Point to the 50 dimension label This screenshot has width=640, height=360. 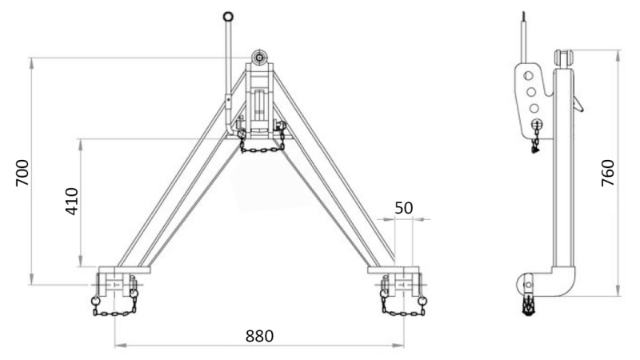coord(405,207)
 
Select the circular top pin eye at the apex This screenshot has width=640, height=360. coord(259,58)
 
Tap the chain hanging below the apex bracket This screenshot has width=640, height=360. coord(261,146)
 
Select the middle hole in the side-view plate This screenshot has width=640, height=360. coord(530,91)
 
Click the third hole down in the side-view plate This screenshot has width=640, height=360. coord(534,107)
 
